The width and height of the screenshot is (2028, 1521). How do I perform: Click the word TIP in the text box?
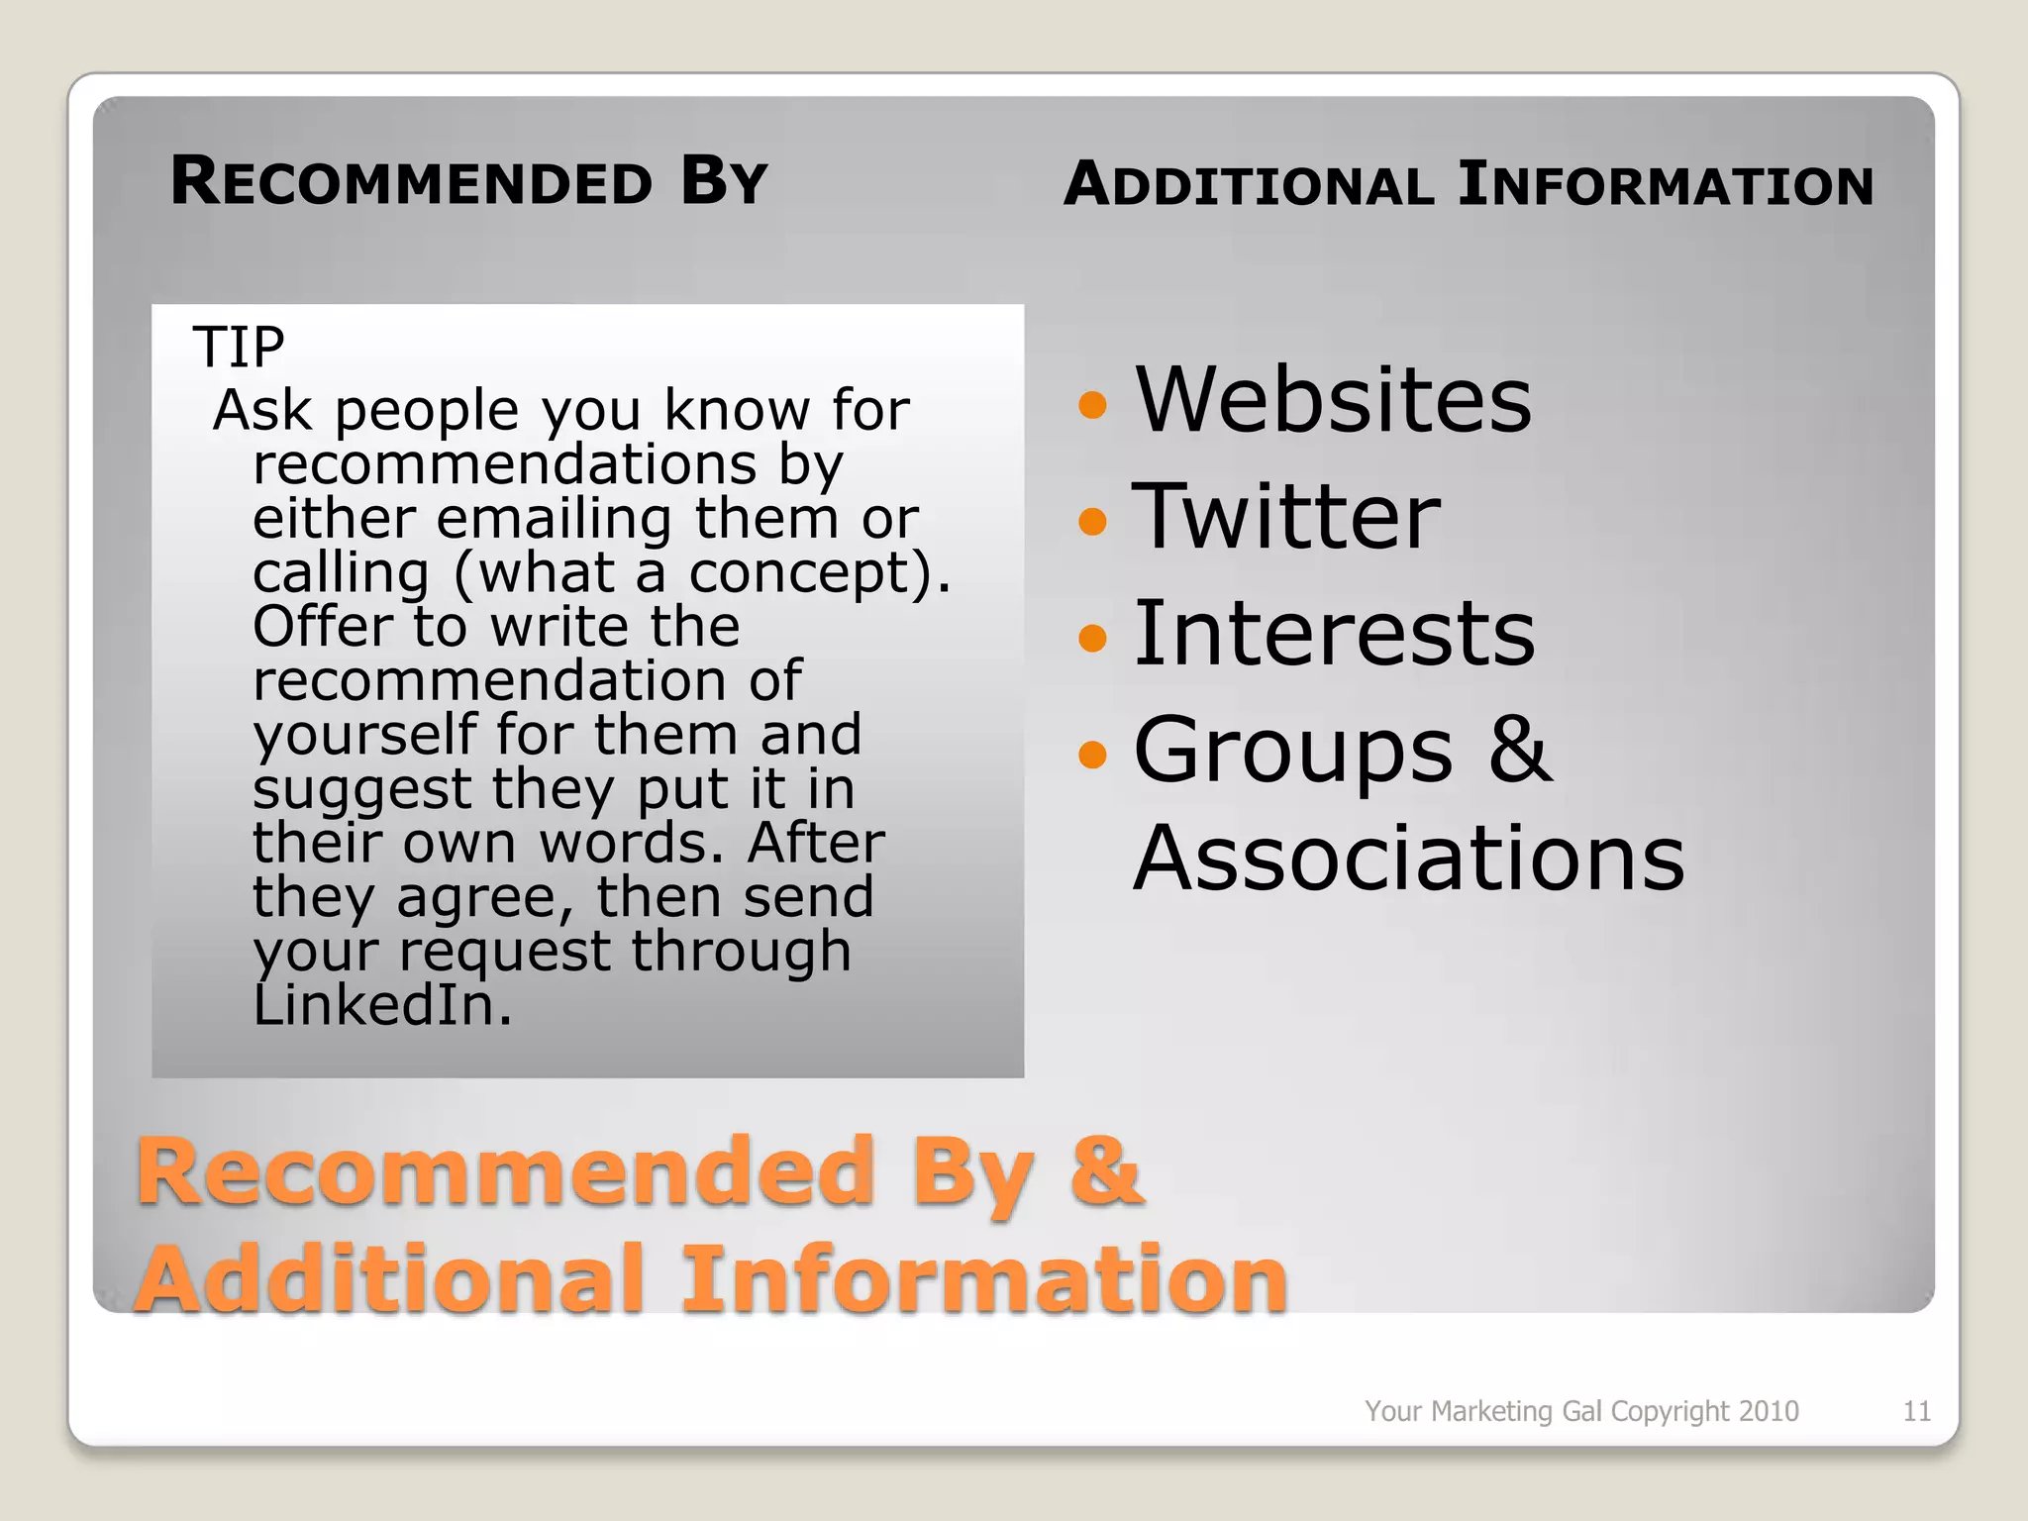click(x=239, y=348)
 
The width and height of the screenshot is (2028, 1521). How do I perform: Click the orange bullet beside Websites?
click(x=1091, y=404)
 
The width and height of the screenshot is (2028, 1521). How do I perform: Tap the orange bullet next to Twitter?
click(x=1091, y=520)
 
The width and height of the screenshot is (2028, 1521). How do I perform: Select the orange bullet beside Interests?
click(x=1091, y=637)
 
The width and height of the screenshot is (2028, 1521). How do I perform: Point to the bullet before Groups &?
click(x=1091, y=755)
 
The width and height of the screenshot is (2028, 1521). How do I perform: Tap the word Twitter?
click(x=1285, y=516)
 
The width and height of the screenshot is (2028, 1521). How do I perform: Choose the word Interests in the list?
click(x=1334, y=633)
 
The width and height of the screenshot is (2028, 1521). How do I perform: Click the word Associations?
click(x=1408, y=858)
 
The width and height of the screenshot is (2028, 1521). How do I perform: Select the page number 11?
click(x=1916, y=1411)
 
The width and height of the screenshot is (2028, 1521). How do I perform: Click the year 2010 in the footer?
click(x=1769, y=1411)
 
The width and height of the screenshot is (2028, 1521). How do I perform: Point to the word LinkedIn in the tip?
click(x=382, y=1005)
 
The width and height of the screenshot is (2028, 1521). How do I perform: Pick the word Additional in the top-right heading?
click(x=1249, y=185)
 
